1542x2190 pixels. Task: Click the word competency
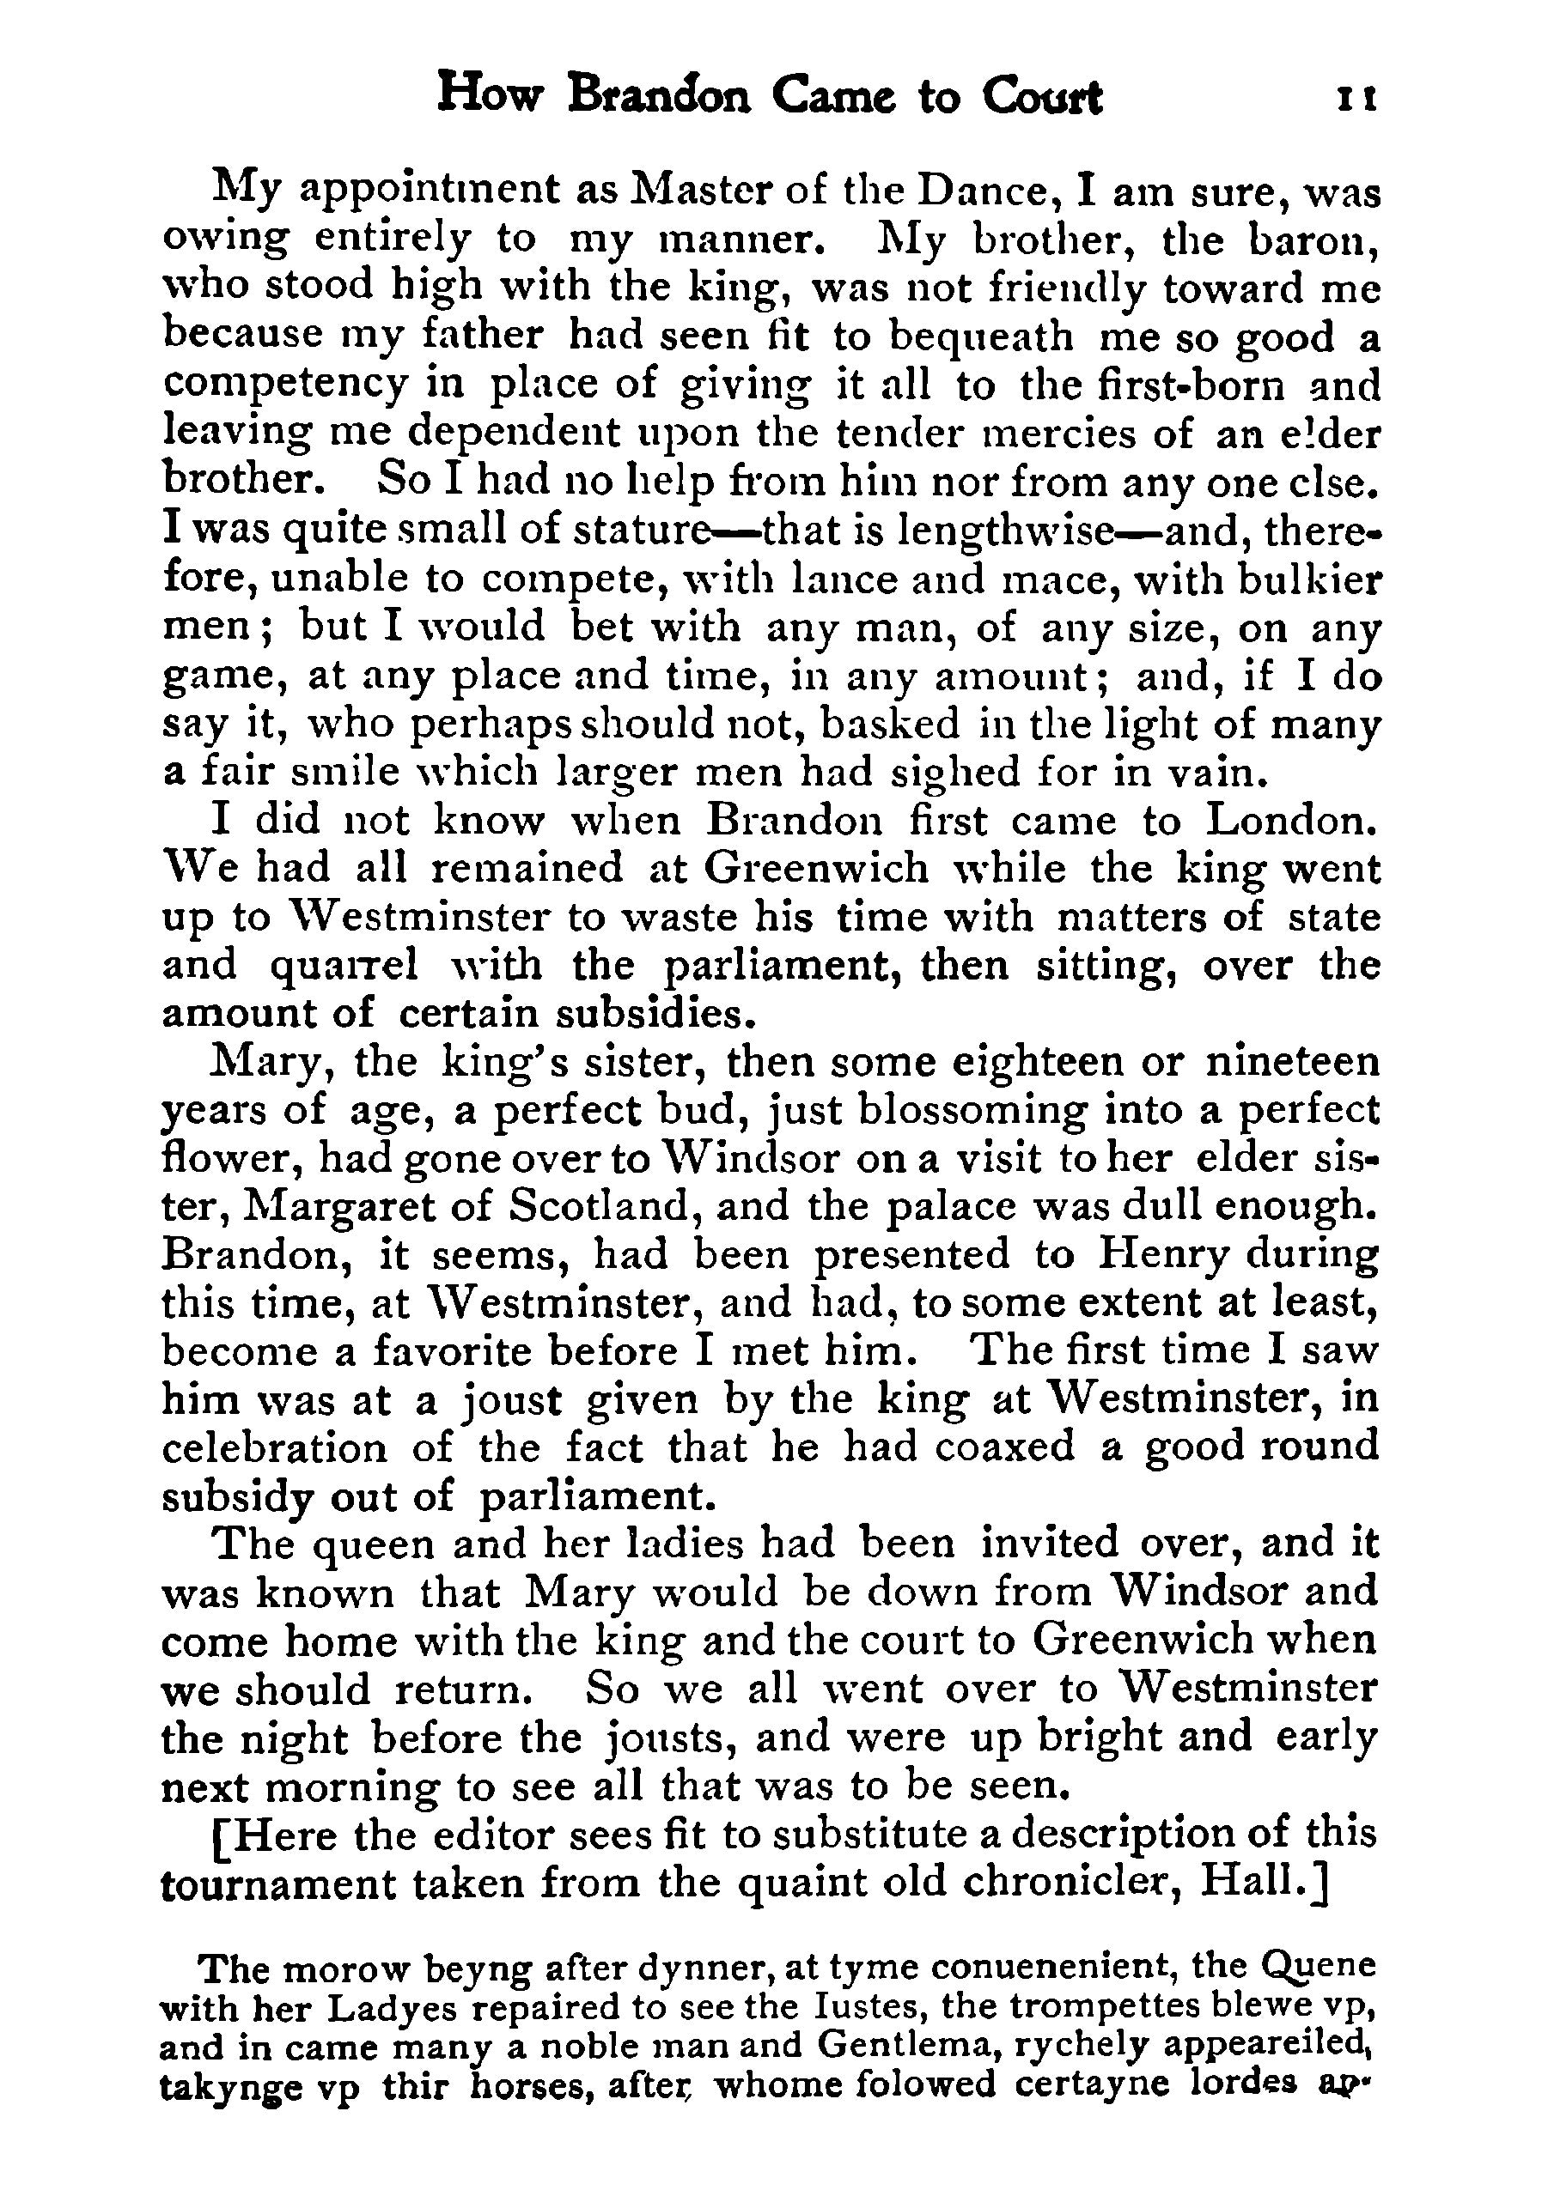[286, 385]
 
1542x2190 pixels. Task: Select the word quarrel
[344, 965]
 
